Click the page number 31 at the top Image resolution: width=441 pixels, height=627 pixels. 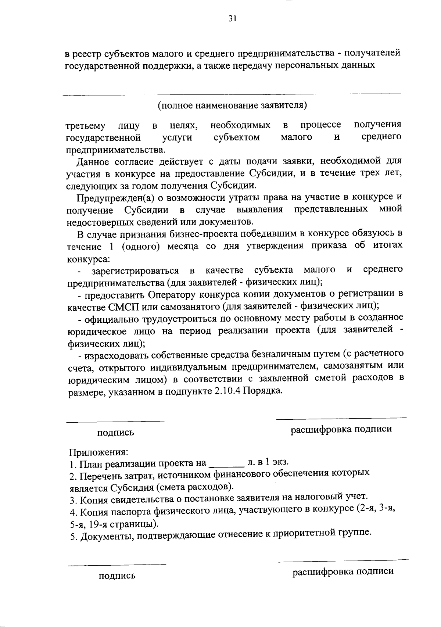pyautogui.click(x=232, y=19)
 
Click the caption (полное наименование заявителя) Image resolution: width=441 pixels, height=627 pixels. pyautogui.click(x=232, y=105)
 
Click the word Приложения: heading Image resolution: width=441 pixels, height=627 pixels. pyautogui.click(x=98, y=451)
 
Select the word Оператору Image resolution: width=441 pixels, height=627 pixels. pyautogui.click(x=171, y=294)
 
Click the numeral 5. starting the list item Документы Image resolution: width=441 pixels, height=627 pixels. pyautogui.click(x=73, y=537)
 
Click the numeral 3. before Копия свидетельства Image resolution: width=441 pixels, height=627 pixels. pyautogui.click(x=73, y=500)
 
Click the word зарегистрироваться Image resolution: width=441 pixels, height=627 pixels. pyautogui.click(x=135, y=271)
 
